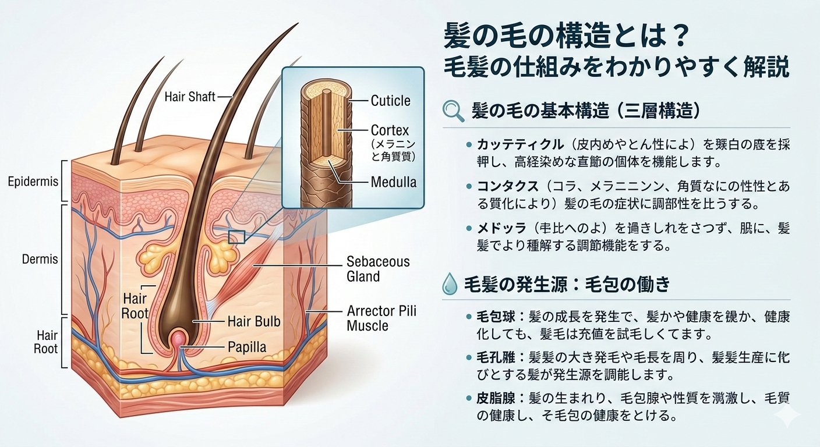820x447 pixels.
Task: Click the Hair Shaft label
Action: tap(190, 97)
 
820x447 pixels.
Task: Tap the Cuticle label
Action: tap(390, 101)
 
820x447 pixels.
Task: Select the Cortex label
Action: tap(390, 130)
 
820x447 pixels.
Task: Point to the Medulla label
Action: tap(394, 182)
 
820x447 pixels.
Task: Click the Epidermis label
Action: tap(33, 182)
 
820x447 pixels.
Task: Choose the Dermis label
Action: tap(40, 260)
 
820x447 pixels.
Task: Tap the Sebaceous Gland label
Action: tap(378, 269)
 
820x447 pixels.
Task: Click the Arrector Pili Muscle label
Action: tap(381, 318)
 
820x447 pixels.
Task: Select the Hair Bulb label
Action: tap(254, 321)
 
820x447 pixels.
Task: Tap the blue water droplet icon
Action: tap(451, 285)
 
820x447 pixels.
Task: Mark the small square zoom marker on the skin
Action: tap(236, 237)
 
